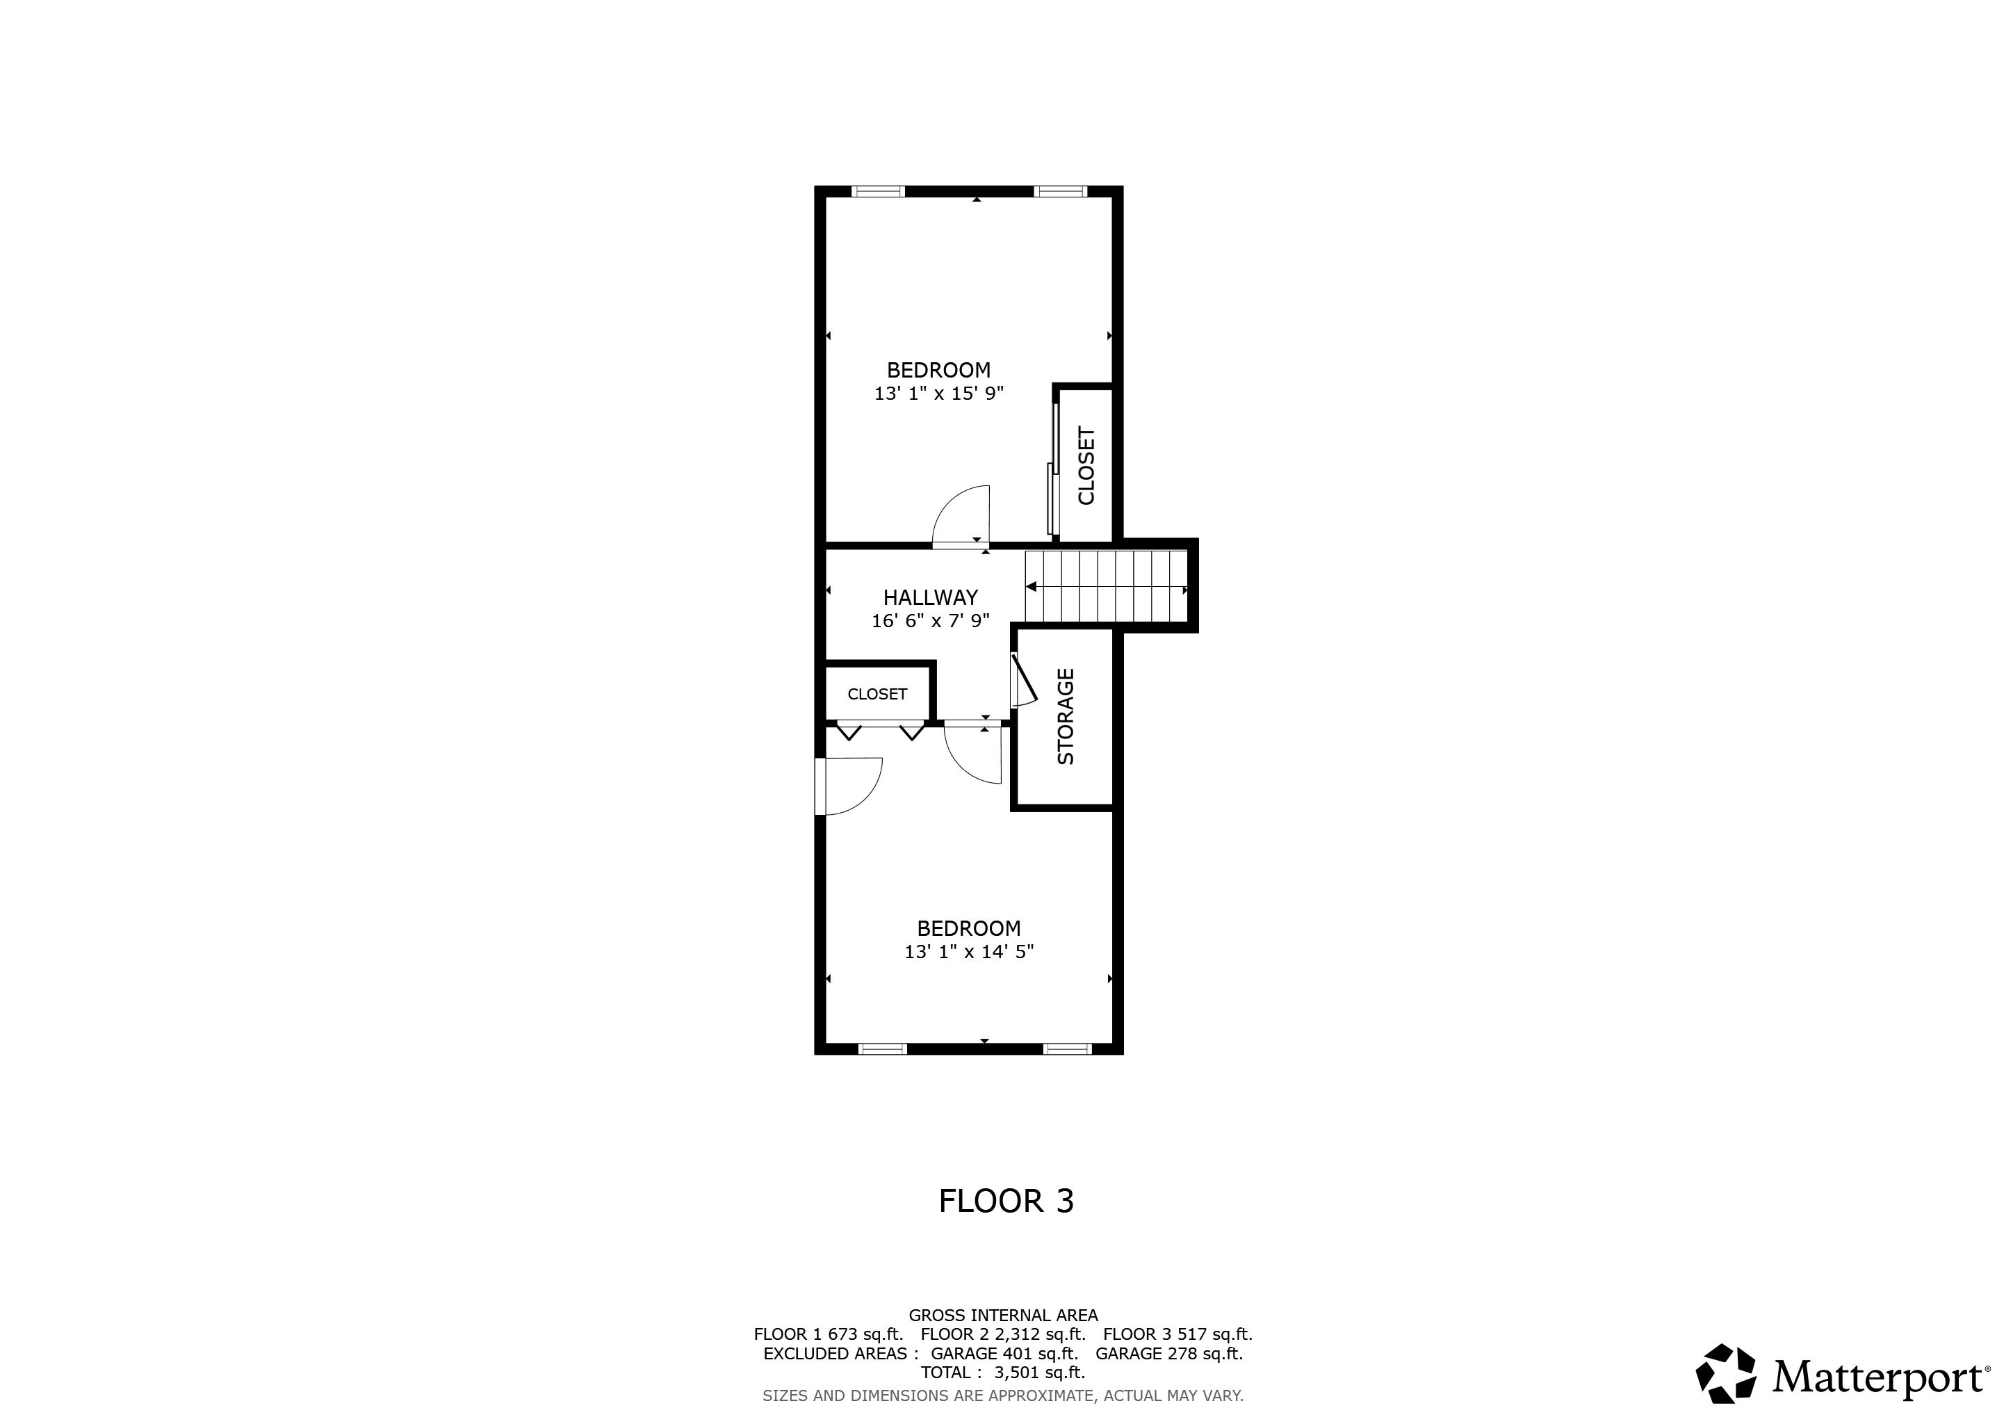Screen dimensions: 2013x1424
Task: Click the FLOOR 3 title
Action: [1006, 1200]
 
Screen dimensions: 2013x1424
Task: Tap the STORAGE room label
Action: [1066, 716]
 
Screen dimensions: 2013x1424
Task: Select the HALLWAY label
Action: [930, 597]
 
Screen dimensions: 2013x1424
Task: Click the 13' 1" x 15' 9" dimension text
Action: [938, 394]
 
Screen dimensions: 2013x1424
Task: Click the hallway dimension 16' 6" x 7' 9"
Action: [930, 621]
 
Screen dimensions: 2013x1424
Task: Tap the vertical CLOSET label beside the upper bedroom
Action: [1086, 466]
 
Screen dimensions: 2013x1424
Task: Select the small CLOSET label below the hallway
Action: [877, 694]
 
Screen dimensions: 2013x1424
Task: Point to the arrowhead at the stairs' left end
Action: [1031, 587]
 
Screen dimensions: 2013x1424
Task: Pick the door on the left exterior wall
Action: [848, 786]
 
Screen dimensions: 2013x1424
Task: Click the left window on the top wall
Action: [878, 191]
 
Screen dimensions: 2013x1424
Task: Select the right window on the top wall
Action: [1060, 191]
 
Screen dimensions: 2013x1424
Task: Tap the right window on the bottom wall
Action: [1067, 1049]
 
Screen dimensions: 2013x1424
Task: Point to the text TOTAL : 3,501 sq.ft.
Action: [1003, 1373]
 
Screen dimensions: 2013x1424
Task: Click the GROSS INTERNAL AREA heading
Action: [1003, 1316]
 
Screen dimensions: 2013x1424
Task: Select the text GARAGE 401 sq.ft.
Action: [1004, 1353]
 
